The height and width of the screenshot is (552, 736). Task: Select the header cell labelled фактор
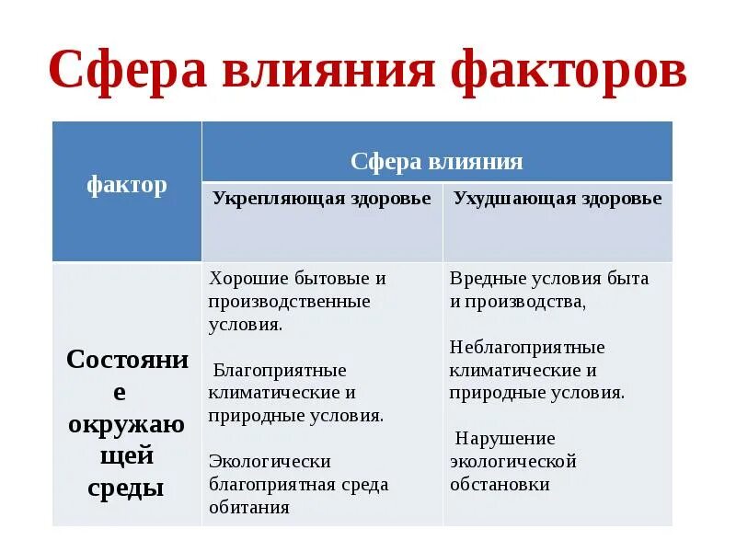(127, 185)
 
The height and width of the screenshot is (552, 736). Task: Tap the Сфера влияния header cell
(437, 163)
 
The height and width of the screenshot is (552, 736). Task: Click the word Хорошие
(244, 278)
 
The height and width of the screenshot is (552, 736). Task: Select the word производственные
(289, 301)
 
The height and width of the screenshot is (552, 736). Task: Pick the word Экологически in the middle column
(270, 461)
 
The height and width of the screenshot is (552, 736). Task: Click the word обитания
(248, 507)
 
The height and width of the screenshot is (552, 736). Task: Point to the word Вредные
(484, 278)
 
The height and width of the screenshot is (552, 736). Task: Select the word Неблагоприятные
(527, 347)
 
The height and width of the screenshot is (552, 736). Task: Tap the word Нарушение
(505, 438)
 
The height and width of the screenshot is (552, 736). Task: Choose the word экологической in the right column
(512, 461)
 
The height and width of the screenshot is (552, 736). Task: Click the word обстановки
(500, 484)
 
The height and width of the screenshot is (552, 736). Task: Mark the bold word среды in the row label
(126, 488)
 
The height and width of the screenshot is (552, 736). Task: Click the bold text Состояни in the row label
(126, 359)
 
